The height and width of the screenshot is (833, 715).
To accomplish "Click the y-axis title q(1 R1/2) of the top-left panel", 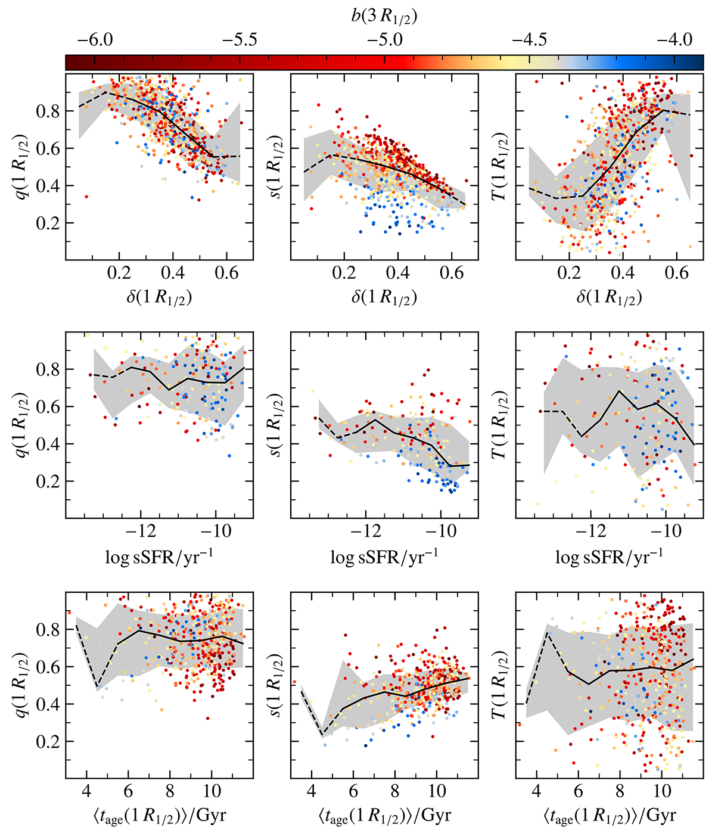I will click(x=22, y=167).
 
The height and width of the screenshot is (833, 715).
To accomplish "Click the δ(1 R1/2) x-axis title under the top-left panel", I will click(x=159, y=297).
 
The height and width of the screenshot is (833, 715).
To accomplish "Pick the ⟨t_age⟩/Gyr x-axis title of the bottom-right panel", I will click(x=609, y=815).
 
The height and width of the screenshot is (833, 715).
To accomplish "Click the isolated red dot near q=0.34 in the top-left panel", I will click(x=86, y=197).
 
